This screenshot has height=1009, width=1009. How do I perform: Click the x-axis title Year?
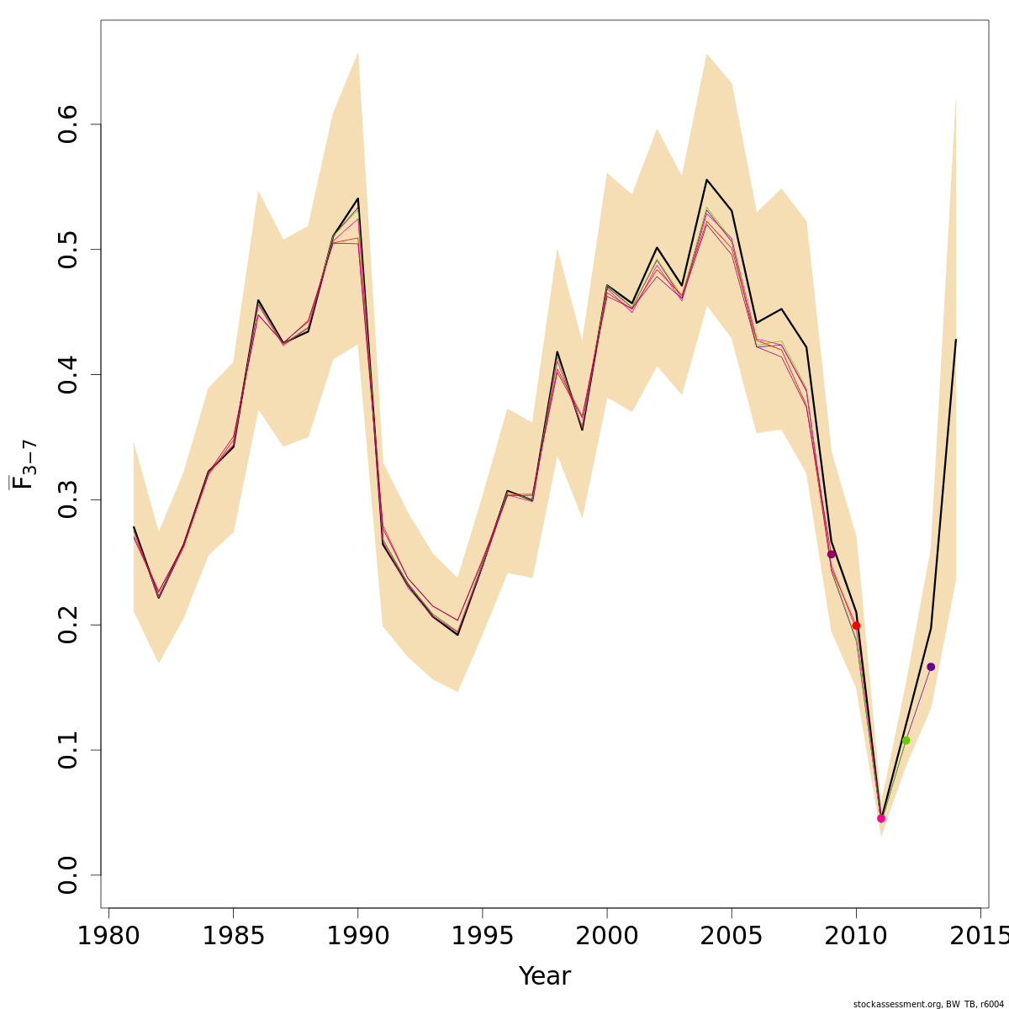(x=545, y=976)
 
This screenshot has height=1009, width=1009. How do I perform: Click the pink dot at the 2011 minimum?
(x=881, y=818)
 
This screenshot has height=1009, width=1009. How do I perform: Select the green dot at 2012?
(x=906, y=740)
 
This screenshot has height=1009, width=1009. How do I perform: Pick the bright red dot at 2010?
(x=856, y=626)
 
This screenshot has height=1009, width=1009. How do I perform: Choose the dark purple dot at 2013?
(x=931, y=667)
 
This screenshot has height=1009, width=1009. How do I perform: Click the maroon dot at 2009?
(x=832, y=554)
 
